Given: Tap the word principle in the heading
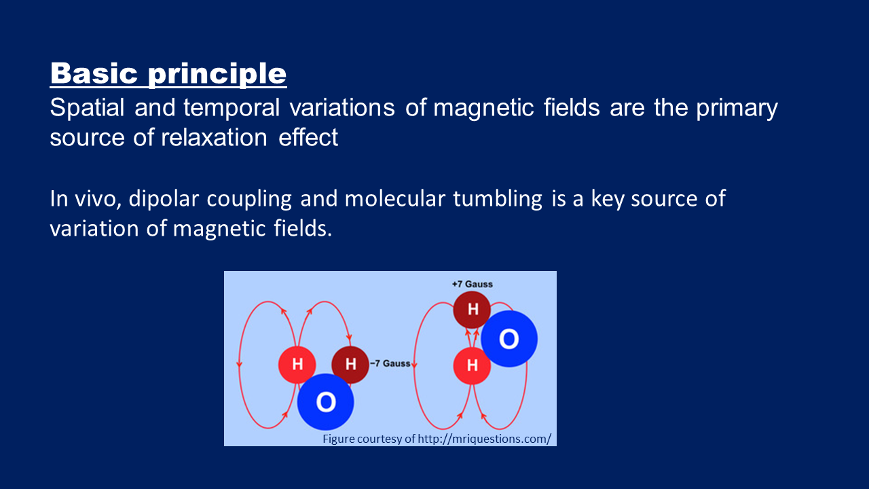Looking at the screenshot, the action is pos(217,75).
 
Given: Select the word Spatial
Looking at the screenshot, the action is pos(88,107).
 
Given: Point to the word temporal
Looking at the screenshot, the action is pos(232,109).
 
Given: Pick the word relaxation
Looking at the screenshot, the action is pos(214,137).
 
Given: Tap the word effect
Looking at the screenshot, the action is pos(308,137).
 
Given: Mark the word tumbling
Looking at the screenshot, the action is pos(498,200).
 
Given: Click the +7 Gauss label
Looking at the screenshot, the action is pos(472,284).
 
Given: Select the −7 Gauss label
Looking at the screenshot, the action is pos(390,363).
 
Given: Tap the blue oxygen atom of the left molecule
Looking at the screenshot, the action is pos(325,401).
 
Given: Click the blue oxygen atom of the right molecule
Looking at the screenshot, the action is pos(509,339).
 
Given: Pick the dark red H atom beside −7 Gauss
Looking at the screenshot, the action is pos(350,365).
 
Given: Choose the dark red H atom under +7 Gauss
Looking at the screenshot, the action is pos(472,310).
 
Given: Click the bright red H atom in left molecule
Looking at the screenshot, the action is pos(297,365).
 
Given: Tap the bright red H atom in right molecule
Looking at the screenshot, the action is pos(472,365).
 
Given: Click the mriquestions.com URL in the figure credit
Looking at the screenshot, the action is pos(484,439).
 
